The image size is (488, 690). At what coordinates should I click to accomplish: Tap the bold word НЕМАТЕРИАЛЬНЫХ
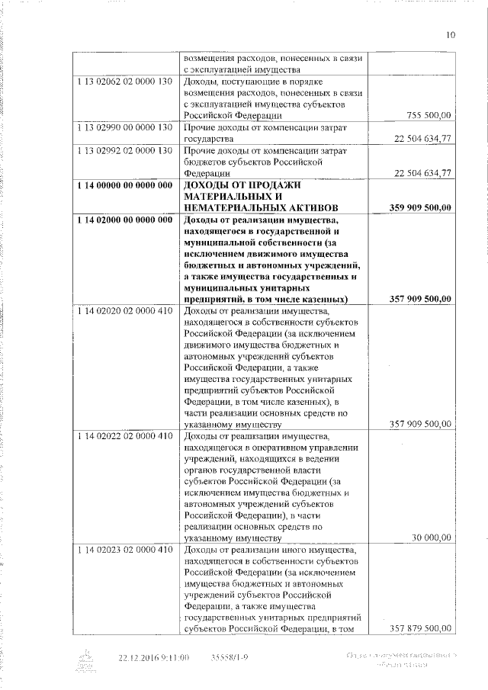tap(235, 207)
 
